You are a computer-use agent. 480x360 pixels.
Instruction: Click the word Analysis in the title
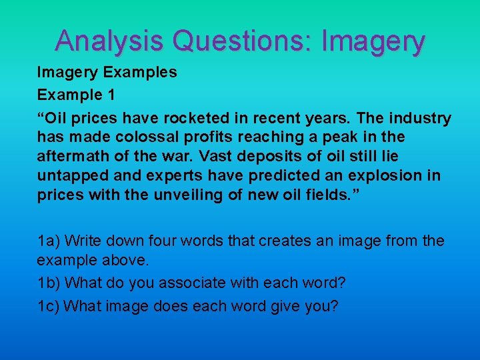coord(109,41)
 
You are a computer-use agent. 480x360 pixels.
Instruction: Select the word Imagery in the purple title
coord(373,42)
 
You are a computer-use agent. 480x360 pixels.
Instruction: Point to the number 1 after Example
coord(109,95)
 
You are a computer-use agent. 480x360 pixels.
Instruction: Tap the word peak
coord(341,137)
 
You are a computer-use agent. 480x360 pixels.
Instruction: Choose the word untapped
coord(69,177)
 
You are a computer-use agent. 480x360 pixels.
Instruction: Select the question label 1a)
coord(49,241)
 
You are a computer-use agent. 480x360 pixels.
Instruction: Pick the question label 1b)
coord(49,283)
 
